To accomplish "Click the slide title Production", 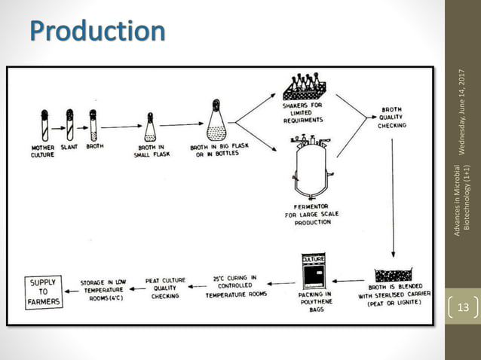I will pos(98,32).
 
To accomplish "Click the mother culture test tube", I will pos(44,125).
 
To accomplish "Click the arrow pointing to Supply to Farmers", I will pos(72,291).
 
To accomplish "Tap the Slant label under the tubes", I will pos(70,146).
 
